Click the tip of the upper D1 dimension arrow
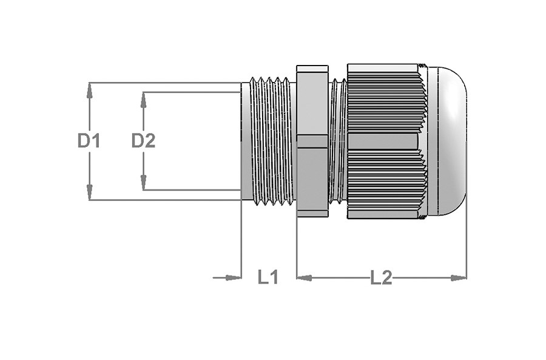[90, 83]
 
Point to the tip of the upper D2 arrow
[143, 93]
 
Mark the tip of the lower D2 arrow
[143, 190]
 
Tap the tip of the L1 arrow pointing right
[241, 278]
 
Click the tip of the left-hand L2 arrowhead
[297, 278]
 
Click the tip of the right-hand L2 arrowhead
[467, 278]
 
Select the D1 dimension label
[89, 141]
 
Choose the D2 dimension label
[143, 141]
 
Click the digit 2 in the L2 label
[386, 278]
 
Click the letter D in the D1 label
[84, 141]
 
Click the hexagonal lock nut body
[312, 141]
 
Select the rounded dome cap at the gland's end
[448, 141]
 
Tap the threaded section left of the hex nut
[272, 141]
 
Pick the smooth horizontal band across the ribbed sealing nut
[383, 141]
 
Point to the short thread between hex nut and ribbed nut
[338, 141]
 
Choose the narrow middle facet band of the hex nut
[312, 141]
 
